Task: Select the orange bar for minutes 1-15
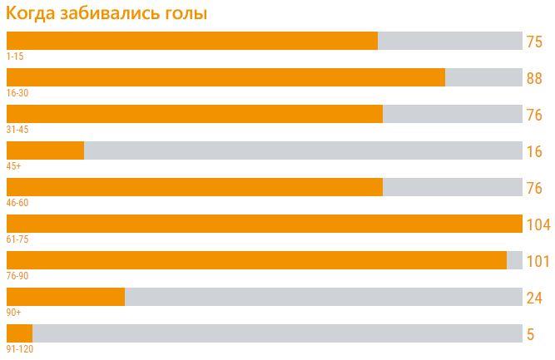[191, 41]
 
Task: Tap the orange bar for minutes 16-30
[225, 77]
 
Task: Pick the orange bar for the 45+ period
[45, 150]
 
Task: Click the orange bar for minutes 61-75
[264, 224]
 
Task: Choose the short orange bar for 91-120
[19, 333]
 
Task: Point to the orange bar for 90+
[66, 297]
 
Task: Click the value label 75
[534, 42]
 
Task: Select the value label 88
[534, 79]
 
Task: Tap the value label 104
[538, 224]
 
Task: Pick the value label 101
[538, 261]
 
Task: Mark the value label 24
[534, 298]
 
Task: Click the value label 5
[530, 334]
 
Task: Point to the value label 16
[534, 151]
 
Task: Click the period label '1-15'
[15, 57]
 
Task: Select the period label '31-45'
[17, 130]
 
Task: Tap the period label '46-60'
[17, 203]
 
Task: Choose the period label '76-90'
[17, 276]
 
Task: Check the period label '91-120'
[20, 349]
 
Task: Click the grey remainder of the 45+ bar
[303, 150]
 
